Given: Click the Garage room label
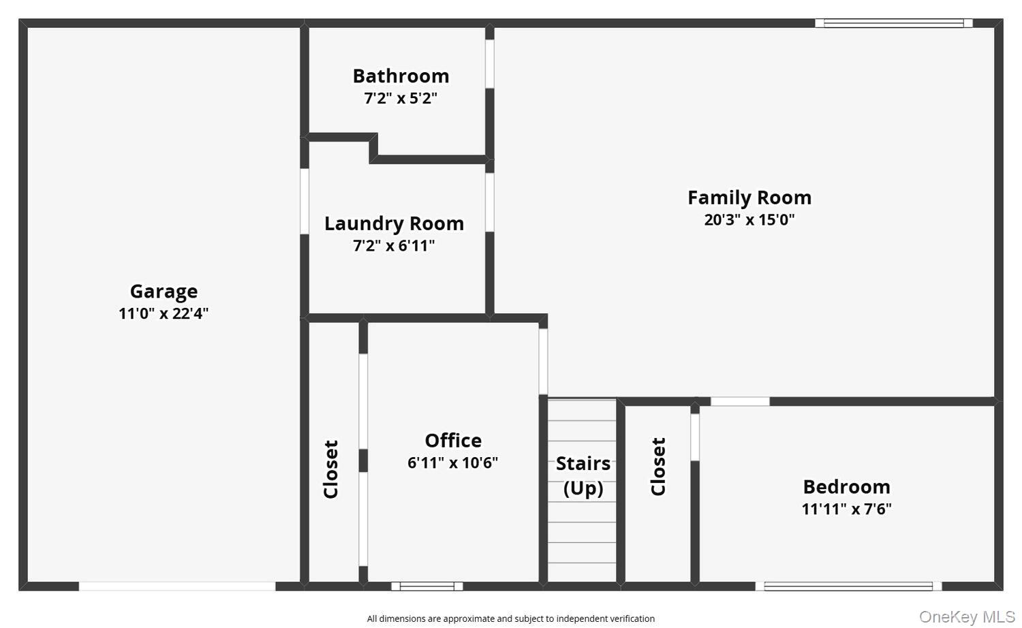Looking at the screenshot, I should [x=164, y=292].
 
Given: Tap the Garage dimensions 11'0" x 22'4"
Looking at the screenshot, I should [x=164, y=313].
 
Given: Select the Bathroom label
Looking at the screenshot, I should [x=401, y=76].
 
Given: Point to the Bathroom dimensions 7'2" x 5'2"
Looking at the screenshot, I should [x=401, y=98].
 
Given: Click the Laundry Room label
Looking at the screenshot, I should [x=394, y=223].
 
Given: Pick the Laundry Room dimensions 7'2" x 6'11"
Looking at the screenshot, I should [x=394, y=246].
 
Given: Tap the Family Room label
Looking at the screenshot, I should [x=749, y=198].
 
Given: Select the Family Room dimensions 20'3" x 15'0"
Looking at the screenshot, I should [x=749, y=219].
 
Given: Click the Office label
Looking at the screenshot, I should [x=453, y=441].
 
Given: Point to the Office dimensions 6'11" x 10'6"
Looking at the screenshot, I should [x=453, y=462].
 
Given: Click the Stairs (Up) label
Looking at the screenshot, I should [x=583, y=475].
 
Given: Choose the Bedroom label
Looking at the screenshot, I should [x=846, y=487].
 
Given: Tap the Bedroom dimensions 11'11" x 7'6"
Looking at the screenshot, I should [x=846, y=509].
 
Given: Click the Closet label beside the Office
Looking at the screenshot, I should [x=331, y=469].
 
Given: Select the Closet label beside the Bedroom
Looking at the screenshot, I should [x=658, y=467].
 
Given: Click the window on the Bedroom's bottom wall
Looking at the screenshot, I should [x=848, y=586].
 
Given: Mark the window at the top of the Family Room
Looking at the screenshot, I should [x=894, y=23].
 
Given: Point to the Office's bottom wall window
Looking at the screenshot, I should [x=427, y=586].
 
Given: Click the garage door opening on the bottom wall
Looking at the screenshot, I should [x=177, y=586].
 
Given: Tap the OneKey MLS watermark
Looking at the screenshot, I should [x=967, y=617].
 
